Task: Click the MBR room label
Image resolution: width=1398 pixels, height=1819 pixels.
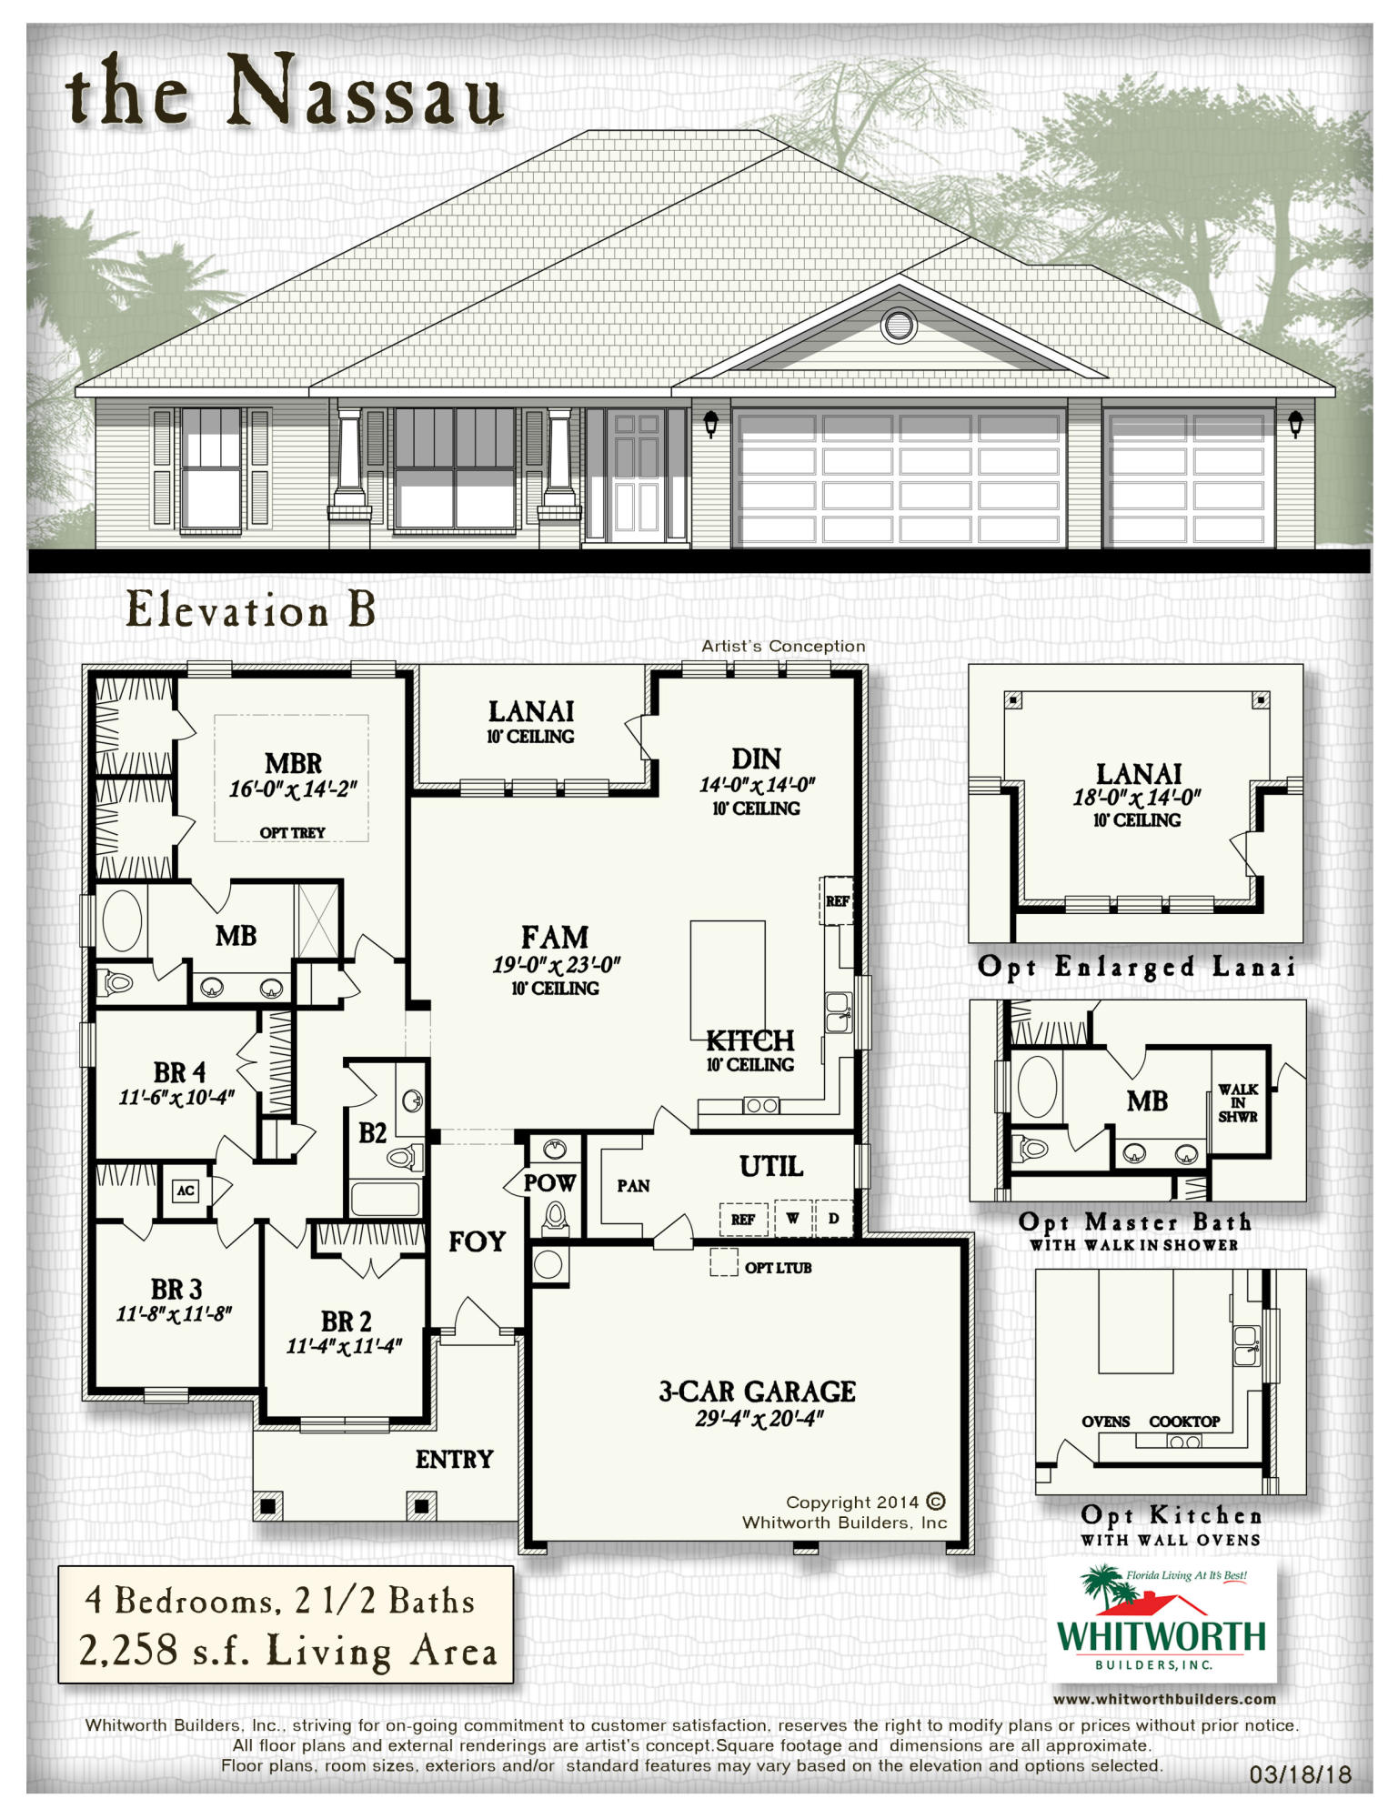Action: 293,763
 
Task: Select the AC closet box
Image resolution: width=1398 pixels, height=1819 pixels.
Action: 186,1191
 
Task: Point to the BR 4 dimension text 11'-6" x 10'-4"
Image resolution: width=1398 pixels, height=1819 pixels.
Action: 176,1097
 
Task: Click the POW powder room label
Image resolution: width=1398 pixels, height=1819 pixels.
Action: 549,1182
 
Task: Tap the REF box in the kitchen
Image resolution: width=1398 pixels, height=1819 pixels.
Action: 837,900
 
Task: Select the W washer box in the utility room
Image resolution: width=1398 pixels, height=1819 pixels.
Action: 793,1218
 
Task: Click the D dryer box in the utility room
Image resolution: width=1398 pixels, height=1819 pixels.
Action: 834,1218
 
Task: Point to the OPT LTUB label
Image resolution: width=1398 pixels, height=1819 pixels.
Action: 778,1267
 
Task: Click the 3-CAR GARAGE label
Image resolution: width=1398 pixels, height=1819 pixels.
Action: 757,1391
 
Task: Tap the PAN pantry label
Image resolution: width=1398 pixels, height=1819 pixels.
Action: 633,1186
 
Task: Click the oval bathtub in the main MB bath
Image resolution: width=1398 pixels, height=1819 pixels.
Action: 122,920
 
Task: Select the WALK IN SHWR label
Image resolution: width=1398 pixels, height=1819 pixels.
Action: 1238,1102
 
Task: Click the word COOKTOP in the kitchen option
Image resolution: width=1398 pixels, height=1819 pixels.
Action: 1184,1422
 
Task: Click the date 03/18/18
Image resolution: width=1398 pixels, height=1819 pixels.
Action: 1301,1774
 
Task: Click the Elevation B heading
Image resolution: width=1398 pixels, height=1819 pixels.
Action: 250,609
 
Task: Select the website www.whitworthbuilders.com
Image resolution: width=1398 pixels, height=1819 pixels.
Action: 1164,1699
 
